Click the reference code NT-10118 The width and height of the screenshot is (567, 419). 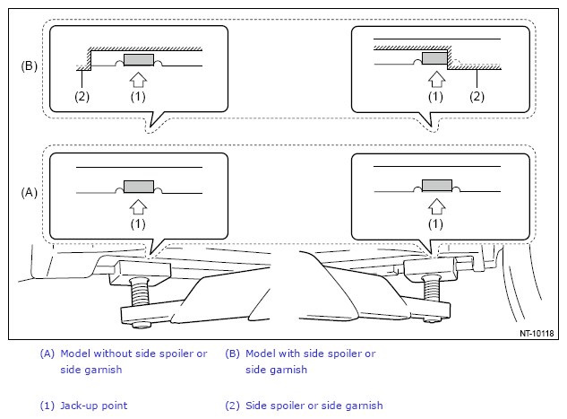(537, 333)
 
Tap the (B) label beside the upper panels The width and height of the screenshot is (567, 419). (29, 66)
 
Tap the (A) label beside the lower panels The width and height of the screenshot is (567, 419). (29, 192)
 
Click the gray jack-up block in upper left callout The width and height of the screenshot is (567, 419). (139, 60)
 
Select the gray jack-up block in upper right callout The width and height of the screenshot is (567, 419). (435, 58)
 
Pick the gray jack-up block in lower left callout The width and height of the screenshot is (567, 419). (139, 187)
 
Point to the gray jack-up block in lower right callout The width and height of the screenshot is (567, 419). (437, 186)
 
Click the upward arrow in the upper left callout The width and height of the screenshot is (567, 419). (138, 79)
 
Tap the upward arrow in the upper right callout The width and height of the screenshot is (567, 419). (436, 79)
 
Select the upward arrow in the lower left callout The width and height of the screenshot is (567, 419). (138, 206)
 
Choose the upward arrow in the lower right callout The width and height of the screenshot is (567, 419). (436, 206)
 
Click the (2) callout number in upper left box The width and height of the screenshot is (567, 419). (82, 97)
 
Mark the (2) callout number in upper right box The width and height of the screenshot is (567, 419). (477, 97)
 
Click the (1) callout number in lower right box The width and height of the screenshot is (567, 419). (435, 224)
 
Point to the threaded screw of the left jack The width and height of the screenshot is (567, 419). (140, 291)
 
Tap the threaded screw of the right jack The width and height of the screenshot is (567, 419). (432, 287)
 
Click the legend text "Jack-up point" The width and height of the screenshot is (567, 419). (94, 406)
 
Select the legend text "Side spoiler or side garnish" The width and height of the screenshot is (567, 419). (314, 406)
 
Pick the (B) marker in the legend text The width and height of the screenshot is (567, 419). (232, 354)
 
